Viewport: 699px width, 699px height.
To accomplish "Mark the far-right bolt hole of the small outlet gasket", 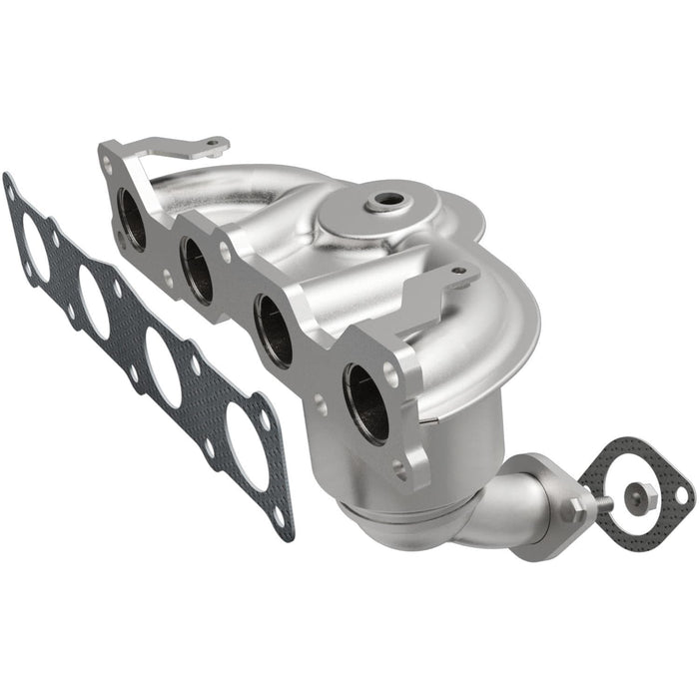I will coord(681,494).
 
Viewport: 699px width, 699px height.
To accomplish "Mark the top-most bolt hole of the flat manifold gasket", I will coord(11,186).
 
